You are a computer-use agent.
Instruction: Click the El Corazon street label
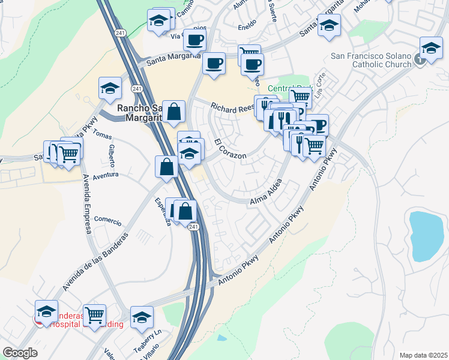230,149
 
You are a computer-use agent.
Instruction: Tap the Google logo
20,353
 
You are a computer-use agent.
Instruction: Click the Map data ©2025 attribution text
423,355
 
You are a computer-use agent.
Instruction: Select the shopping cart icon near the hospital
95,314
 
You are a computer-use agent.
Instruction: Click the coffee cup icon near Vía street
194,40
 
